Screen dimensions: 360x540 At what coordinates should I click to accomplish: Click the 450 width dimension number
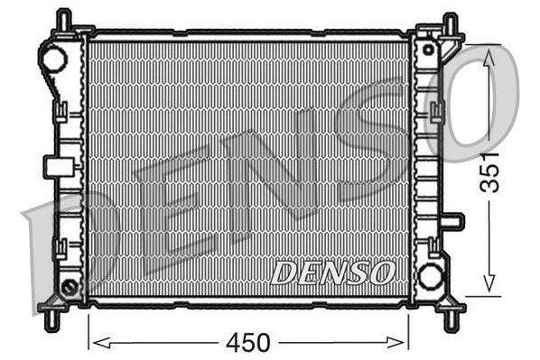[x=249, y=343]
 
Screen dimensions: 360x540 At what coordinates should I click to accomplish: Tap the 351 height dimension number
[x=490, y=169]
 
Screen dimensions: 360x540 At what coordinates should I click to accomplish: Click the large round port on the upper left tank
[x=53, y=60]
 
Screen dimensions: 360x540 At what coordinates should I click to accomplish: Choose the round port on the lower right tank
[x=431, y=275]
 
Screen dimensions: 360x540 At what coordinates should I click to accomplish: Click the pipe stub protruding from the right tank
[x=453, y=221]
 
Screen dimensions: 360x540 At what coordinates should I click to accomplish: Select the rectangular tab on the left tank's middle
[x=56, y=166]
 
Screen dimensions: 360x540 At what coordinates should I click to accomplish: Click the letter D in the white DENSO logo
[x=284, y=272]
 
